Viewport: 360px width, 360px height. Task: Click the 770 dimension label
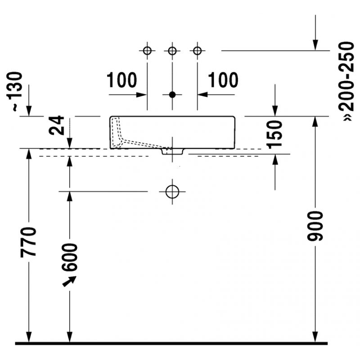28,242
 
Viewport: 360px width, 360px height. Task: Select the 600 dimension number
70,257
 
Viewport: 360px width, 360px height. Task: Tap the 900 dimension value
315,227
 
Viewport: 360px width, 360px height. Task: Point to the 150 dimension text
274,134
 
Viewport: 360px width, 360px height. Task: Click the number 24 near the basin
56,126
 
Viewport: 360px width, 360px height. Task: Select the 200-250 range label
346,81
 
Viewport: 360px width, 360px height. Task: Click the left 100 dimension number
121,80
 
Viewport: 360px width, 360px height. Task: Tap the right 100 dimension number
223,80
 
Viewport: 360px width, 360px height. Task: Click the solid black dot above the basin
172,94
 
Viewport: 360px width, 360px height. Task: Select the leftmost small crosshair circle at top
147,51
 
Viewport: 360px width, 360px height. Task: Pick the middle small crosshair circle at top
172,51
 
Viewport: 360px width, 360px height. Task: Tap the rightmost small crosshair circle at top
198,51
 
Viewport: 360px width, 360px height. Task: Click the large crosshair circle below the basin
172,192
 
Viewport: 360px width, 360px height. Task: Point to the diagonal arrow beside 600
69,281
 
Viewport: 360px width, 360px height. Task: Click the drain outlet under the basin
172,152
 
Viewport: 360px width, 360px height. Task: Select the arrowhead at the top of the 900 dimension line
315,122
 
